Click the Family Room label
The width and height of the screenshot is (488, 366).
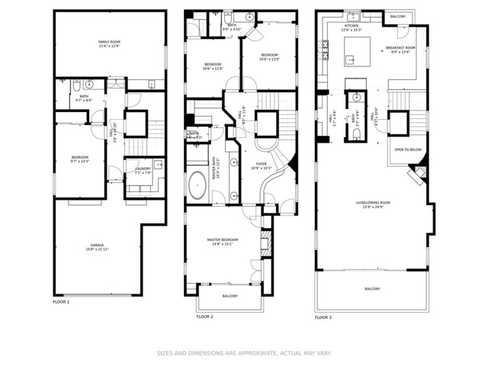[x=110, y=44]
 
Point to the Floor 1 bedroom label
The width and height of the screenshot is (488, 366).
[x=80, y=159]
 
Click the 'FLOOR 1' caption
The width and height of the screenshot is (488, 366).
[x=61, y=303]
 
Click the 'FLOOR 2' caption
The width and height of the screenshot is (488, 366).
[x=204, y=316]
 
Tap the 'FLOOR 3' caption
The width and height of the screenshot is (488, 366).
[x=324, y=317]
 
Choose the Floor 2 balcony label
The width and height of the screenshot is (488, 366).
[x=230, y=297]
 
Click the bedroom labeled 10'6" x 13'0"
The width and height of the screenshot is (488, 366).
[x=269, y=57]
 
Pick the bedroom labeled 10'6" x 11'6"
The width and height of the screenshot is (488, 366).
[x=213, y=66]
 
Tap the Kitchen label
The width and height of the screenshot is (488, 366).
[x=352, y=27]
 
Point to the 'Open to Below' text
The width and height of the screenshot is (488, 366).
[x=408, y=150]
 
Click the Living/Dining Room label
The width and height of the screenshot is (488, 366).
[x=373, y=204]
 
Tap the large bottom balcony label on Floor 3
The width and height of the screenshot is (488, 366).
[x=372, y=289]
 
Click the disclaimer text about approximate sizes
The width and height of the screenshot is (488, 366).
[x=243, y=353]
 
